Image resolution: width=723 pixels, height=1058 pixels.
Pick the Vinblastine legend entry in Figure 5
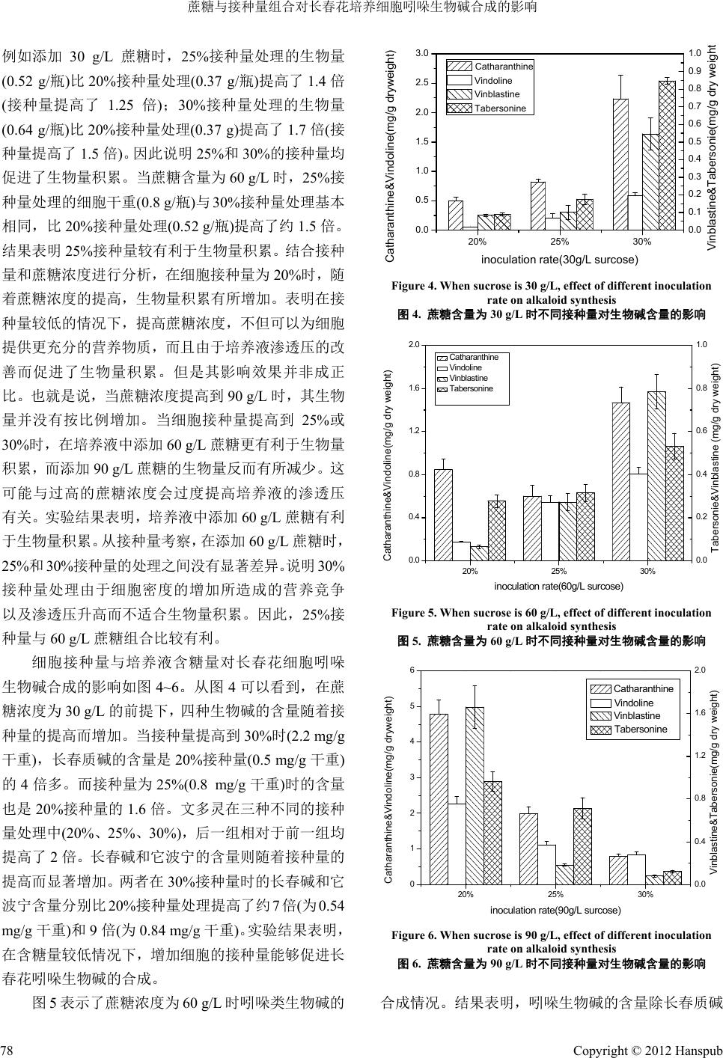[x=468, y=378]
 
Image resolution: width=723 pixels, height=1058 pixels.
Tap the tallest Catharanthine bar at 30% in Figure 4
[x=620, y=164]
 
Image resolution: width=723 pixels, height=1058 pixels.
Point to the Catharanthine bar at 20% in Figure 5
[x=443, y=515]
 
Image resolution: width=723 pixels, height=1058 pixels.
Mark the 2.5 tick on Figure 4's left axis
[x=424, y=83]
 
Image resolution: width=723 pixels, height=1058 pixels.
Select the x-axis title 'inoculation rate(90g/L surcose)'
[x=555, y=910]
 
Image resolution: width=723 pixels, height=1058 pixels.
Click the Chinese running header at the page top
[x=362, y=8]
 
